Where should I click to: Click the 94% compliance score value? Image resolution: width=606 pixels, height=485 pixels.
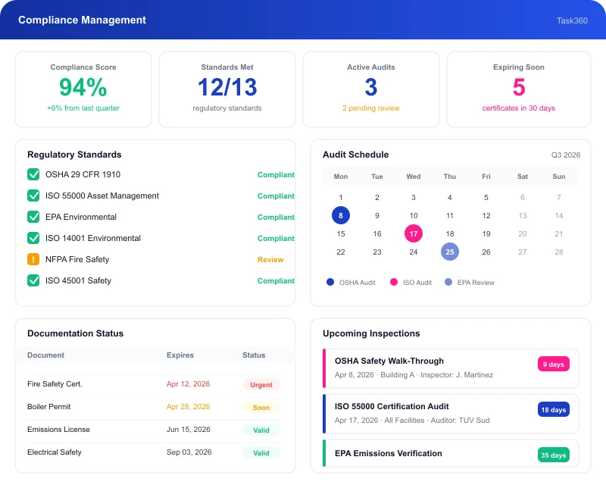pyautogui.click(x=83, y=87)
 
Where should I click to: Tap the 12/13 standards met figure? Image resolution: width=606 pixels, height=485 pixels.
pyautogui.click(x=227, y=87)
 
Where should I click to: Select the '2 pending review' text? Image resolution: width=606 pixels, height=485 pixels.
pyautogui.click(x=371, y=108)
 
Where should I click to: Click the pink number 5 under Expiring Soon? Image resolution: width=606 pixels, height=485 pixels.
pyautogui.click(x=519, y=87)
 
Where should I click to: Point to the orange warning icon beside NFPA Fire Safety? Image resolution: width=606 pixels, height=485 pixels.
pyautogui.click(x=33, y=259)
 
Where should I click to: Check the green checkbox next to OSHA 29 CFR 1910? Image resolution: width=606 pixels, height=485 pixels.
pyautogui.click(x=33, y=174)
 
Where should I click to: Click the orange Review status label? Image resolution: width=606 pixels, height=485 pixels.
pyautogui.click(x=270, y=259)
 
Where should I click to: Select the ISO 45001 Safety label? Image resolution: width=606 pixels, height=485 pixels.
pyautogui.click(x=78, y=280)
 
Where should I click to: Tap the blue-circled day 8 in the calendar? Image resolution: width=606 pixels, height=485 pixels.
pyautogui.click(x=340, y=215)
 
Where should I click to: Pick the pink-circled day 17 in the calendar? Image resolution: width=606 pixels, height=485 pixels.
pyautogui.click(x=414, y=233)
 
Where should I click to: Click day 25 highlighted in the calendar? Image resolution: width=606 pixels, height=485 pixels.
pyautogui.click(x=450, y=252)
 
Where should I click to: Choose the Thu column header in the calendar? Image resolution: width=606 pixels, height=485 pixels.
pyautogui.click(x=450, y=177)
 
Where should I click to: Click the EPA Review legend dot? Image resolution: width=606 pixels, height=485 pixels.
pyautogui.click(x=448, y=282)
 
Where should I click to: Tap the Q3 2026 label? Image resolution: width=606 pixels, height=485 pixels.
pyautogui.click(x=566, y=155)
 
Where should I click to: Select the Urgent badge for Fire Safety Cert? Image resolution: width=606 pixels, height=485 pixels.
pyautogui.click(x=261, y=385)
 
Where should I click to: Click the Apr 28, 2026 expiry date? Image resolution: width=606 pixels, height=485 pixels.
pyautogui.click(x=188, y=406)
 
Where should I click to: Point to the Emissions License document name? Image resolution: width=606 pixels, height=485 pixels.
pyautogui.click(x=58, y=430)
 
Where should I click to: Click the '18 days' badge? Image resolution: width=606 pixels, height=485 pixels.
pyautogui.click(x=554, y=409)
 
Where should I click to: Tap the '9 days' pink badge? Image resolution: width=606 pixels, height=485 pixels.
pyautogui.click(x=554, y=364)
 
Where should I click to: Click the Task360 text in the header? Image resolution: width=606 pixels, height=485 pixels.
pyautogui.click(x=572, y=20)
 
